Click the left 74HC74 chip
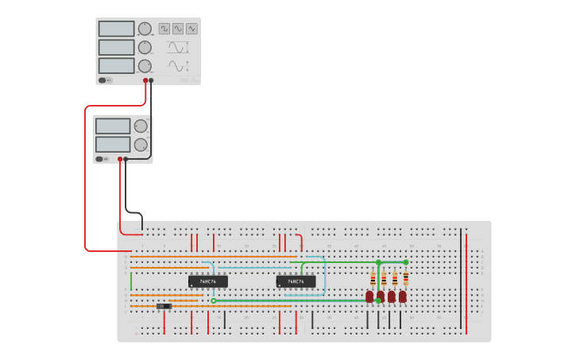click(207, 281)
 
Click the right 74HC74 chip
click(296, 281)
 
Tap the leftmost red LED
click(369, 296)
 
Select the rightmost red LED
click(403, 296)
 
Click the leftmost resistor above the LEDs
click(373, 279)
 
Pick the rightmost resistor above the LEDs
click(406, 277)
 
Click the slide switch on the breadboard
click(164, 307)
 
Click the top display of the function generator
click(117, 29)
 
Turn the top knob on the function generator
click(145, 29)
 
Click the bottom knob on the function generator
click(145, 66)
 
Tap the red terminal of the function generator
click(146, 80)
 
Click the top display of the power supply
click(113, 126)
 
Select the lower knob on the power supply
click(141, 145)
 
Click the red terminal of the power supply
click(120, 159)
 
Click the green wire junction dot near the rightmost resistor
click(406, 262)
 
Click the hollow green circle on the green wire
click(214, 301)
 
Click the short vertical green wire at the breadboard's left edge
click(131, 281)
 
